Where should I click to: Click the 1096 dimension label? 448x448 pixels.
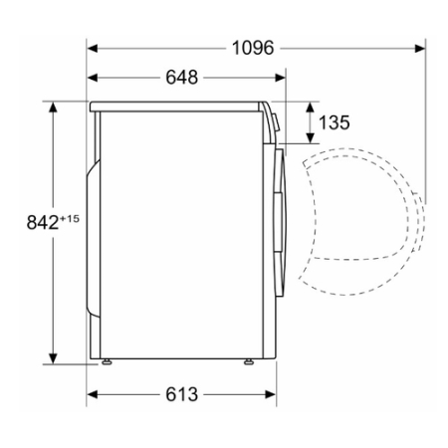click(253, 48)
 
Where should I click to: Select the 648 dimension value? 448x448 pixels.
click(182, 78)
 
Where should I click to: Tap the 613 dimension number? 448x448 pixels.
click(182, 394)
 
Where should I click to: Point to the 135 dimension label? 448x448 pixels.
click(335, 122)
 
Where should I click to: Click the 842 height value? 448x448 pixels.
click(43, 222)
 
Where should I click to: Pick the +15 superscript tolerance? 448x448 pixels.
click(70, 219)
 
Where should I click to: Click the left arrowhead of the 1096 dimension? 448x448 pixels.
click(93, 49)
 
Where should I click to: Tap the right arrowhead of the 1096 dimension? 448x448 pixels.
click(420, 49)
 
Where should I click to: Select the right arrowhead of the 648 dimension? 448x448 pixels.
click(281, 78)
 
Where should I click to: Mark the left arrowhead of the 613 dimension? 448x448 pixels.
click(93, 394)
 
